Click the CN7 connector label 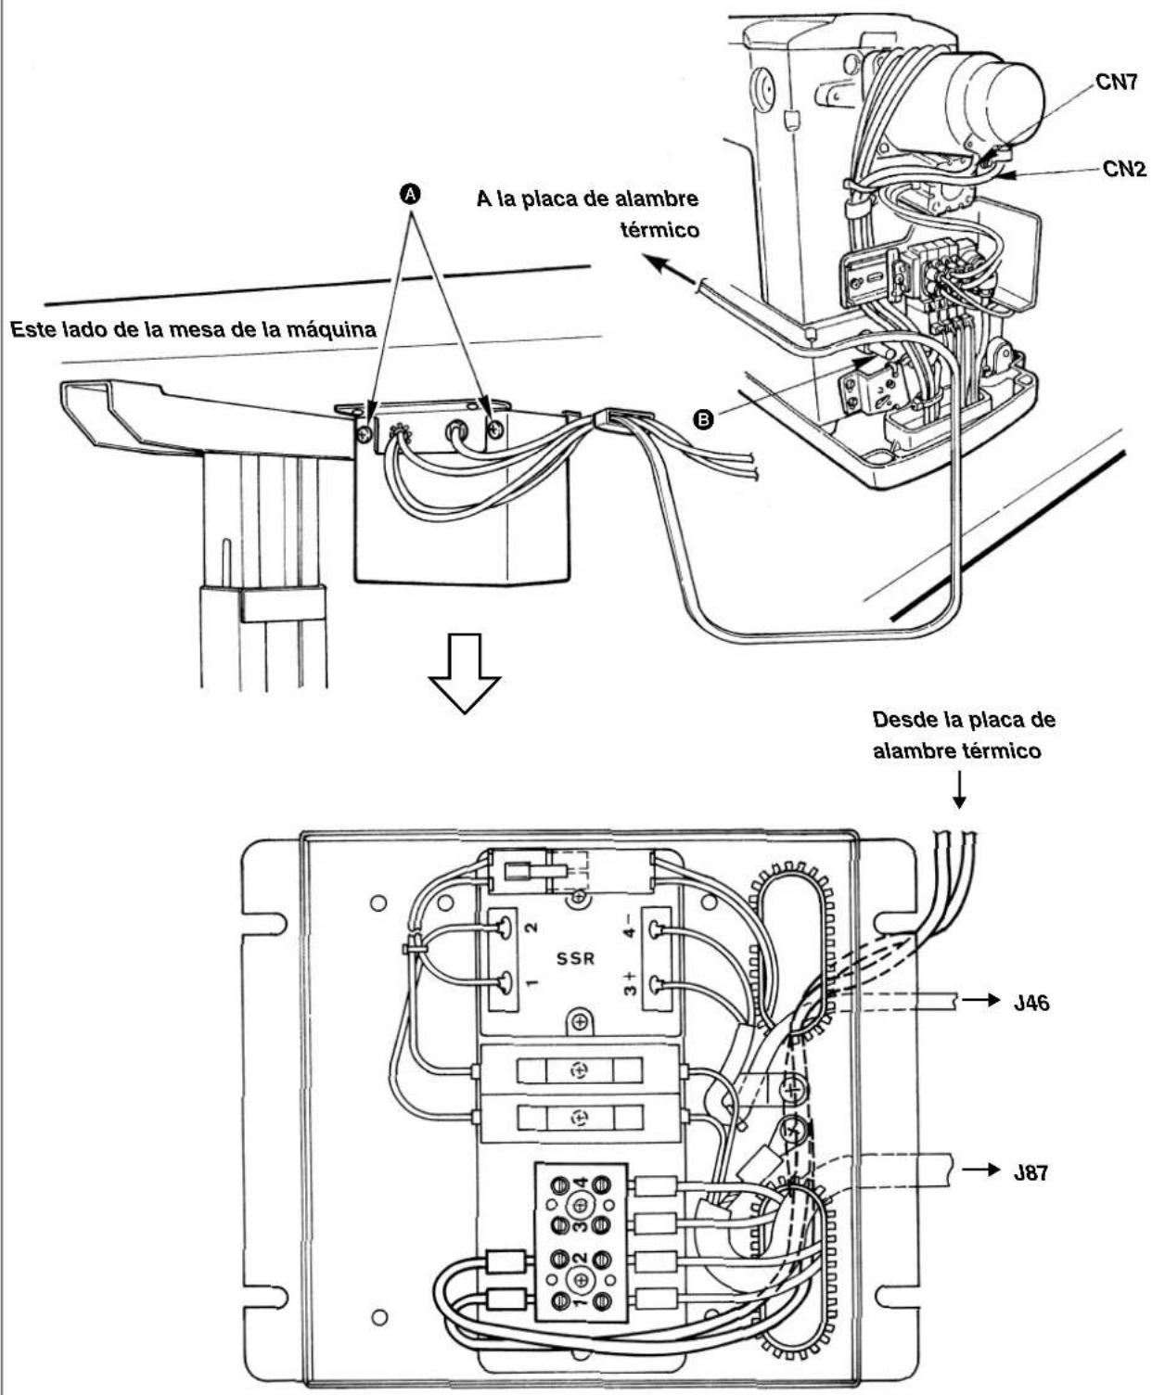tap(1116, 83)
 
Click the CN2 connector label tap(1124, 169)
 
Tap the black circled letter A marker tap(410, 194)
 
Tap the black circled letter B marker tap(704, 419)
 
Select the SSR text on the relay tap(575, 958)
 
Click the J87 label tap(1030, 1172)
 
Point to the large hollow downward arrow tap(465, 673)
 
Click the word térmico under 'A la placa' tap(659, 230)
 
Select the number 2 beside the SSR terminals tap(531, 928)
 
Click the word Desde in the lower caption tap(902, 720)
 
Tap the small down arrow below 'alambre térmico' tap(959, 789)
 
